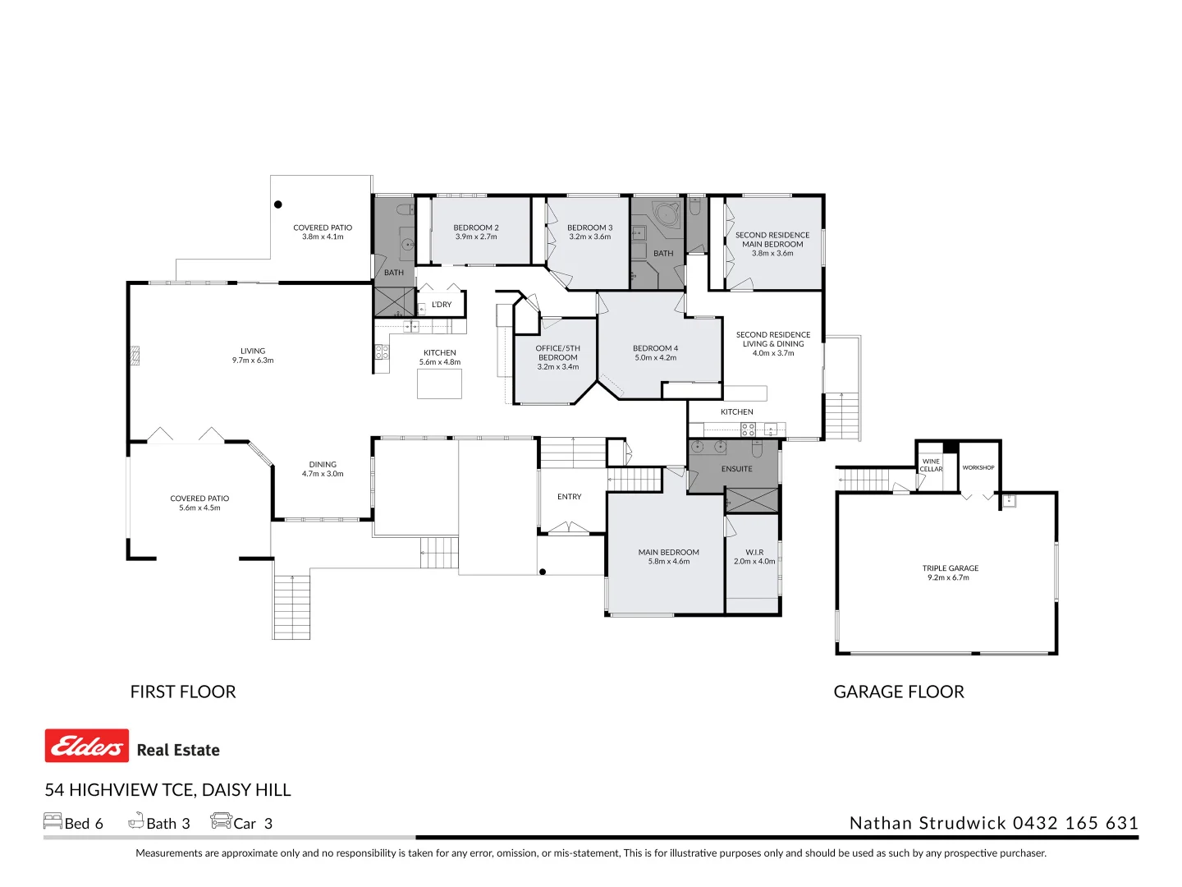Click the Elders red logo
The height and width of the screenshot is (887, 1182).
point(86,746)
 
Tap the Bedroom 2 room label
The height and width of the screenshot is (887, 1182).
point(476,227)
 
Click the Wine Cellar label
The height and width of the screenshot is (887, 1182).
point(931,465)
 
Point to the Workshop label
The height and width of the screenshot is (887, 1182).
point(978,467)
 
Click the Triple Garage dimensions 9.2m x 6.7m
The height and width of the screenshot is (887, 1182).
point(950,577)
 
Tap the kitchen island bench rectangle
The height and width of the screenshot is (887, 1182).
point(439,384)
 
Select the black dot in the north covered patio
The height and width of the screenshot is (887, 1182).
point(278,205)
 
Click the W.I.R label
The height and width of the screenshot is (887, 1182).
point(754,552)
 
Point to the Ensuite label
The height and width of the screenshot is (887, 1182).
point(736,469)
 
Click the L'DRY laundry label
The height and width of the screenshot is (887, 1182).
point(442,305)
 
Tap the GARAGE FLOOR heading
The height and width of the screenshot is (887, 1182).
point(898,692)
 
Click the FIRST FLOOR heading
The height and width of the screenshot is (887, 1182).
point(183,692)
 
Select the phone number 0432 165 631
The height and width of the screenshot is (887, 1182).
point(1075,823)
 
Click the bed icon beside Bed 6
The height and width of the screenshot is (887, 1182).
point(53,821)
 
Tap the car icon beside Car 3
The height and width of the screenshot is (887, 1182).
point(221,821)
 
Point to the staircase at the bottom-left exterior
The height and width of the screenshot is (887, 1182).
point(291,606)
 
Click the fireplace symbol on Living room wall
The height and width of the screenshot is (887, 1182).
point(135,356)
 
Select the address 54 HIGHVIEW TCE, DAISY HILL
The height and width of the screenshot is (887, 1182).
point(167,790)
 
